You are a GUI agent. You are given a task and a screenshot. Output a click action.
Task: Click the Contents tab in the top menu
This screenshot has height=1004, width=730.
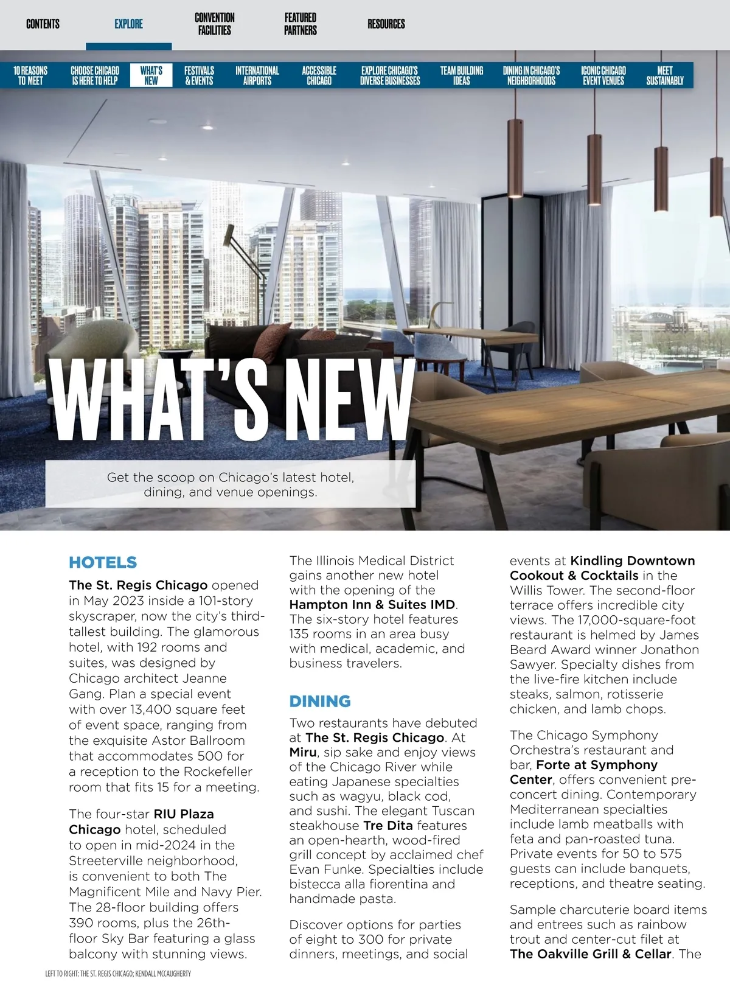pos(43,24)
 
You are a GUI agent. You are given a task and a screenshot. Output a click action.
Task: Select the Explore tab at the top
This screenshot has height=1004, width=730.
pos(128,24)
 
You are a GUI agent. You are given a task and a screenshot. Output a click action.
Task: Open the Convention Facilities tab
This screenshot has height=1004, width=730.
pos(215,24)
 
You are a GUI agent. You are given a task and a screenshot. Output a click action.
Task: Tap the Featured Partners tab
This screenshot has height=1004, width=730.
pos(301,24)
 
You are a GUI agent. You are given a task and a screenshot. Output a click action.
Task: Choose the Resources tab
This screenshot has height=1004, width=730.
pos(386,24)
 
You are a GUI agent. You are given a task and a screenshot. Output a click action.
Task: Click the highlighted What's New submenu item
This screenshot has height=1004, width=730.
pos(151,75)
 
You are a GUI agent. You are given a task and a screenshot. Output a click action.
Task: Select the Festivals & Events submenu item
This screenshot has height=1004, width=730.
pos(200,75)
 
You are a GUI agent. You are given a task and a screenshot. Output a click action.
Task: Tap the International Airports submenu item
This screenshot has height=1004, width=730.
pos(257,75)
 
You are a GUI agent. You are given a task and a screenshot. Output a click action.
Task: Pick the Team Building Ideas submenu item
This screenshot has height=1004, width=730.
pos(462,75)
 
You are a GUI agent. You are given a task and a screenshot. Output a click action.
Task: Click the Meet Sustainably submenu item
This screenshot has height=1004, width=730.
pos(665,75)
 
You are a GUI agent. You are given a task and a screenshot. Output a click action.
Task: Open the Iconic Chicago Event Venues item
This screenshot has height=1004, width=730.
pos(603,75)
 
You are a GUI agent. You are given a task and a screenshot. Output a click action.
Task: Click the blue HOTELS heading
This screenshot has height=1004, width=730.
pos(103,562)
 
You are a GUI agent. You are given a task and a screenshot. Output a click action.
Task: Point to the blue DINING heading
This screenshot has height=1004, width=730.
pos(320,701)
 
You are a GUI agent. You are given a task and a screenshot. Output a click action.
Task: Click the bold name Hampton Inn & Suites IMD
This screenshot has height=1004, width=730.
pos(372,605)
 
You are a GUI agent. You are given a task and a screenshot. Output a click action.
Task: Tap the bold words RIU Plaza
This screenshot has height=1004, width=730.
pos(184,814)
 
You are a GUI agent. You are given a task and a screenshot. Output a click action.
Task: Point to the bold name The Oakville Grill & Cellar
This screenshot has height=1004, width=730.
pos(591,954)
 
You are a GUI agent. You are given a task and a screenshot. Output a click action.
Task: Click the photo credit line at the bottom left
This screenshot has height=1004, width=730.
pos(118,974)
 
